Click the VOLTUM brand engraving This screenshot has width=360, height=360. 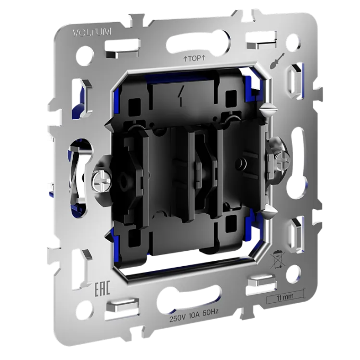pyautogui.click(x=92, y=32)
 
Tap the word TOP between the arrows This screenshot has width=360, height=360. pyautogui.click(x=195, y=58)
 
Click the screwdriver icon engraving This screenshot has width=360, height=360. pyautogui.click(x=277, y=60)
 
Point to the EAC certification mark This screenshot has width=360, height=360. pyautogui.click(x=102, y=287)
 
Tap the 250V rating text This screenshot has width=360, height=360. pyautogui.click(x=177, y=319)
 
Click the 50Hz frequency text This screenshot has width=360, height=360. pyautogui.click(x=210, y=312)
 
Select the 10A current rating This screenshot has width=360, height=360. pyautogui.click(x=194, y=315)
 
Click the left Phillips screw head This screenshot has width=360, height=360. pyautogui.click(x=102, y=182)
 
